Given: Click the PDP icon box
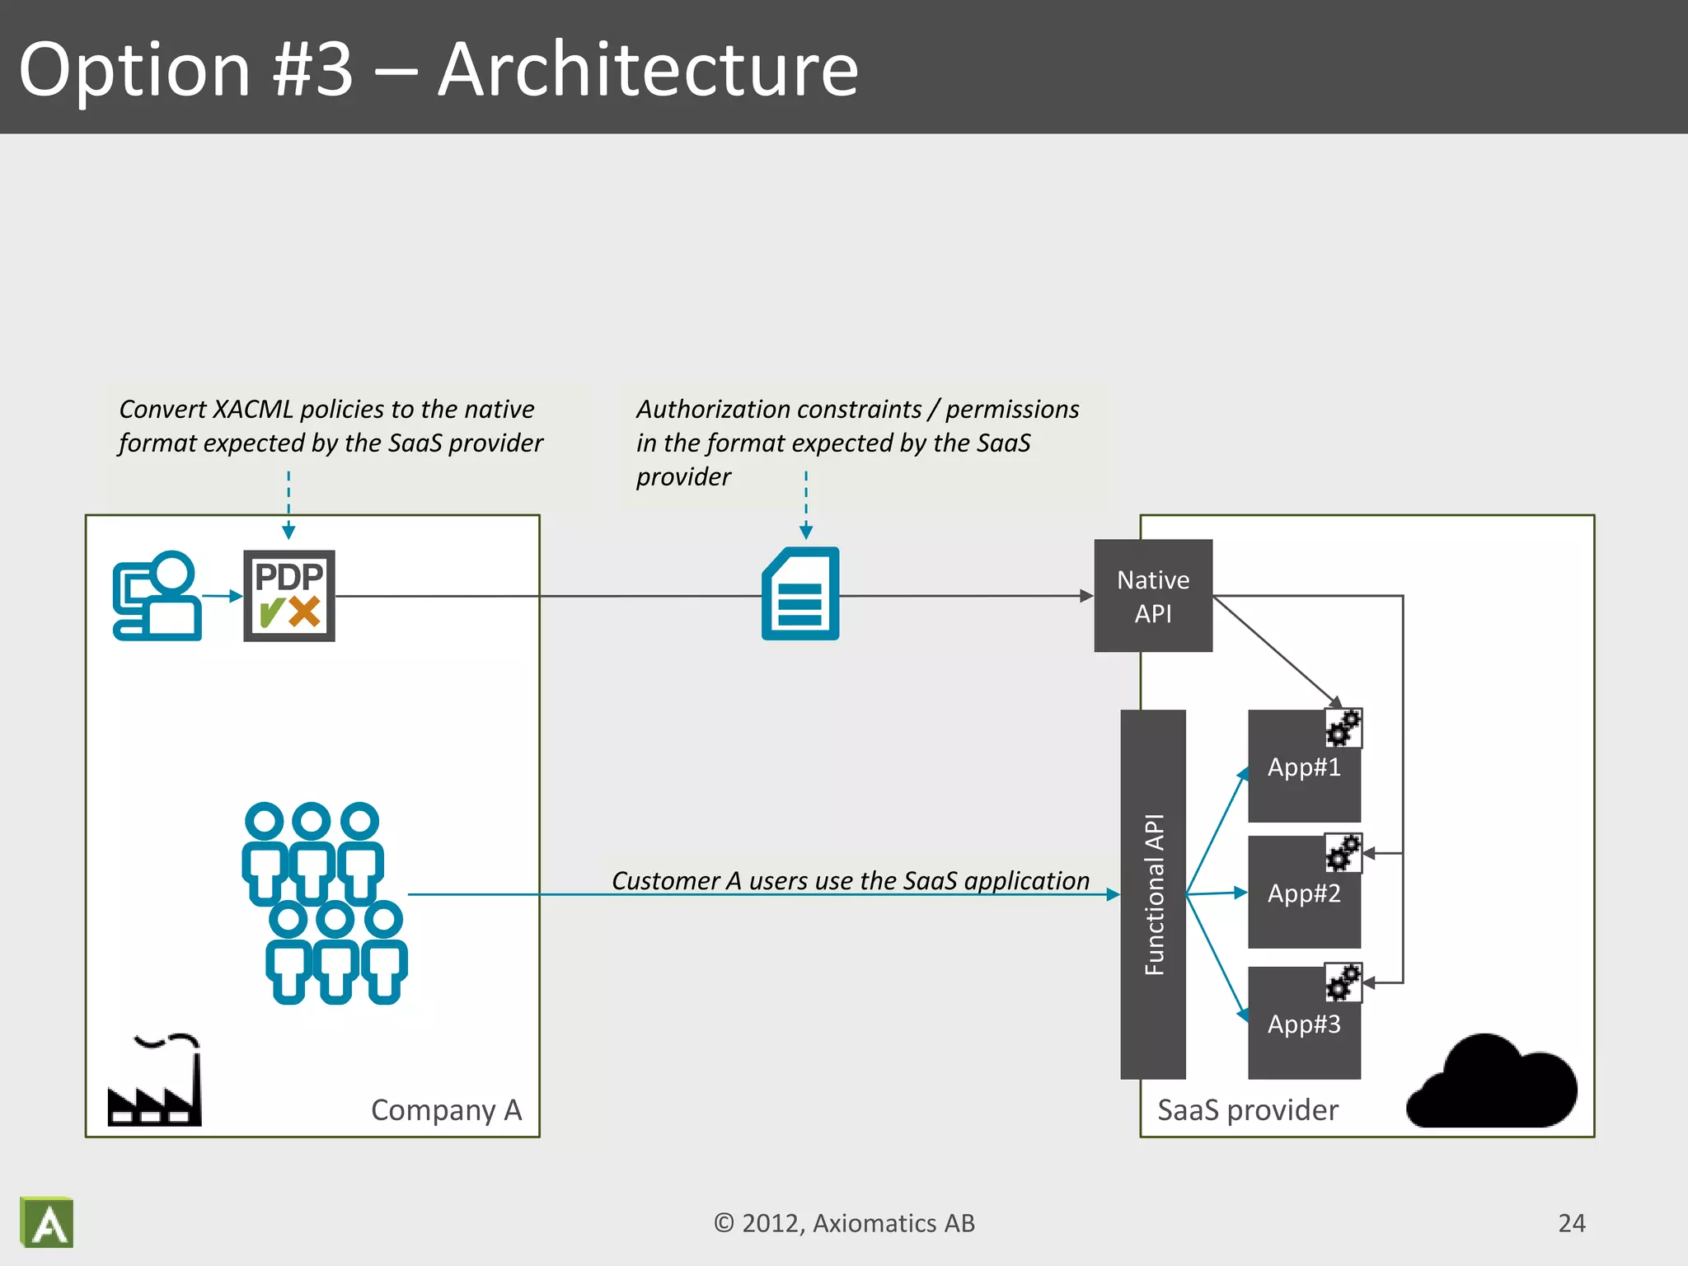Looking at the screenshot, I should [288, 595].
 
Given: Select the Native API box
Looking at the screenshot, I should [1152, 595].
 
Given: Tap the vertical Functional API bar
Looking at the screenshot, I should [1152, 893].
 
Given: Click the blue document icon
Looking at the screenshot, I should [800, 594].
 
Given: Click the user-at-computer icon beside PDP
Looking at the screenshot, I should [157, 595].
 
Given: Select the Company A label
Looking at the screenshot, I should [446, 1110].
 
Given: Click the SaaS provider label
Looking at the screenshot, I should [1247, 1110].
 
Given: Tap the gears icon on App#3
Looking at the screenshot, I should [1343, 982].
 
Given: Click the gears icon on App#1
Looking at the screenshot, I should [1343, 728].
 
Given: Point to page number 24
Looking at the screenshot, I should [1571, 1223].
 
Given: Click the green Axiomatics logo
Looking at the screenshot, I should [47, 1222].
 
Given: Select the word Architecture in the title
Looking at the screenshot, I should [648, 69].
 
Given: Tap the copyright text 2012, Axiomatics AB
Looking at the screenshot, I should [844, 1223].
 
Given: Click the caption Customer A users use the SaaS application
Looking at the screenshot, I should [850, 880].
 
